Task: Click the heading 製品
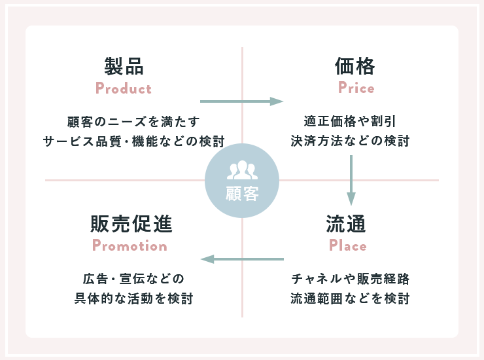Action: [124, 66]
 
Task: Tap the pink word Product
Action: [124, 88]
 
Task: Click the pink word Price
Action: [356, 88]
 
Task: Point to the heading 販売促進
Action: [131, 224]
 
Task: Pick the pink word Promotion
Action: [130, 246]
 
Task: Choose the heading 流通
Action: [346, 224]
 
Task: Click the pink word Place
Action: [348, 246]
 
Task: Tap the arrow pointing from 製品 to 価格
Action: [241, 101]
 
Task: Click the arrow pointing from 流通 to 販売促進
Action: [242, 259]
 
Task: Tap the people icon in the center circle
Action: [242, 171]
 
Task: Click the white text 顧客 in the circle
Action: [242, 194]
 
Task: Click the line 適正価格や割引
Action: [350, 121]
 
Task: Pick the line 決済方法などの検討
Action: [350, 141]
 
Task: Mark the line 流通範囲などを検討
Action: [350, 299]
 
